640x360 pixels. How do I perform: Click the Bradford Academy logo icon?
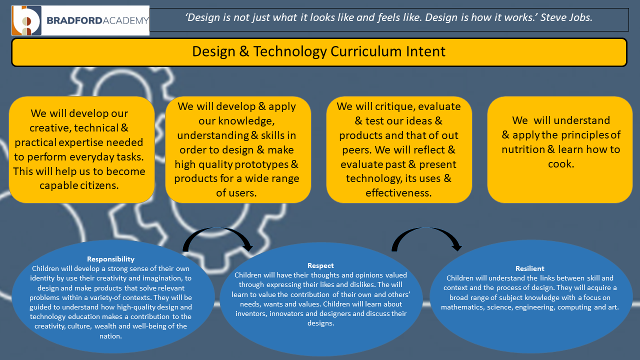pyautogui.click(x=26, y=20)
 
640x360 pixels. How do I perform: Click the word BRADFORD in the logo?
pyautogui.click(x=74, y=20)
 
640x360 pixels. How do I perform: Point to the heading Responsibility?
pyautogui.click(x=110, y=259)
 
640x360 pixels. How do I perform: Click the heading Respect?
pyautogui.click(x=320, y=265)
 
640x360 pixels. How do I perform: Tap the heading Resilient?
pyautogui.click(x=529, y=268)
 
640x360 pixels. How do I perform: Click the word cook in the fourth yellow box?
pyautogui.click(x=560, y=164)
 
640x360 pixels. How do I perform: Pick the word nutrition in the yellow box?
pyautogui.click(x=523, y=149)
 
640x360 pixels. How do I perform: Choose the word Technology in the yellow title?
pyautogui.click(x=289, y=52)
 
